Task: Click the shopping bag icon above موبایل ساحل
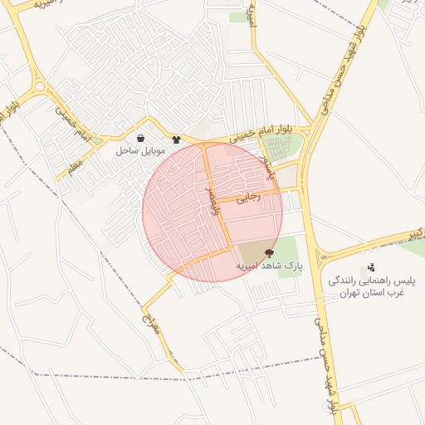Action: pyautogui.click(x=140, y=139)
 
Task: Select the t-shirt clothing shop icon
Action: pyautogui.click(x=176, y=139)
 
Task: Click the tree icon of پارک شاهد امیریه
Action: pyautogui.click(x=269, y=252)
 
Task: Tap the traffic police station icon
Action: pyautogui.click(x=370, y=267)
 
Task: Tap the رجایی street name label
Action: pyautogui.click(x=249, y=198)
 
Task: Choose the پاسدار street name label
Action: pyautogui.click(x=265, y=167)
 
